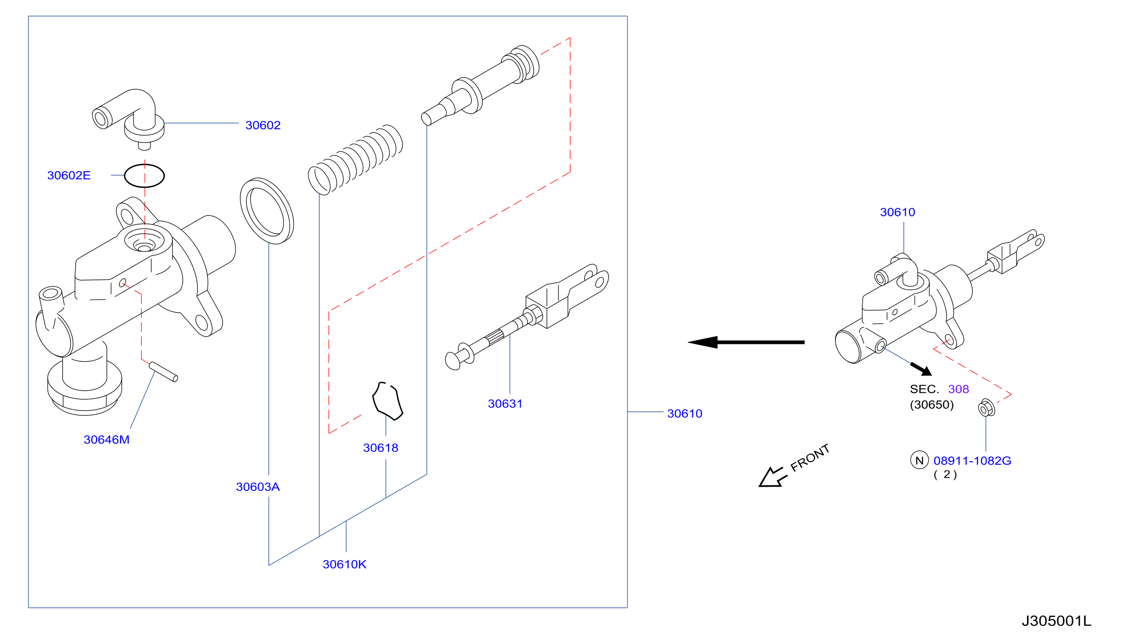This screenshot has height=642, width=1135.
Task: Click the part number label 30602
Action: tap(263, 125)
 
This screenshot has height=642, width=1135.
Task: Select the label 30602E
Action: tap(69, 176)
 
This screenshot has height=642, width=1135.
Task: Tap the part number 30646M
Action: tap(107, 440)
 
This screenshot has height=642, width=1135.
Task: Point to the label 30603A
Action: tap(258, 487)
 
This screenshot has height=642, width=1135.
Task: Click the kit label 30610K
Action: tap(344, 565)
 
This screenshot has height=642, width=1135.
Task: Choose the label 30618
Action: tap(381, 448)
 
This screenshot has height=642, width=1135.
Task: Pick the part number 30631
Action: tap(505, 404)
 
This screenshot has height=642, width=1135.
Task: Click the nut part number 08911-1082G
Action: tap(972, 461)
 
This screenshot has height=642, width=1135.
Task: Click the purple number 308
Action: tap(958, 389)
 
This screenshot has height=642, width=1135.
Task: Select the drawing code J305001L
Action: tap(1057, 621)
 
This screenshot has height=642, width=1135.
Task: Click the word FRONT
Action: tap(810, 458)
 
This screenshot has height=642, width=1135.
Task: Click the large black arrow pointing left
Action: tap(746, 342)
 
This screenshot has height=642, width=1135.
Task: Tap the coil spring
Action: tap(355, 160)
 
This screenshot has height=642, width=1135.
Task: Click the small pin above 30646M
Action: tap(163, 372)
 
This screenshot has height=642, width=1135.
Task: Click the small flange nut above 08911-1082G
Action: tap(986, 408)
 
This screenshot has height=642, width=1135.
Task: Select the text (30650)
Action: tap(932, 405)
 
